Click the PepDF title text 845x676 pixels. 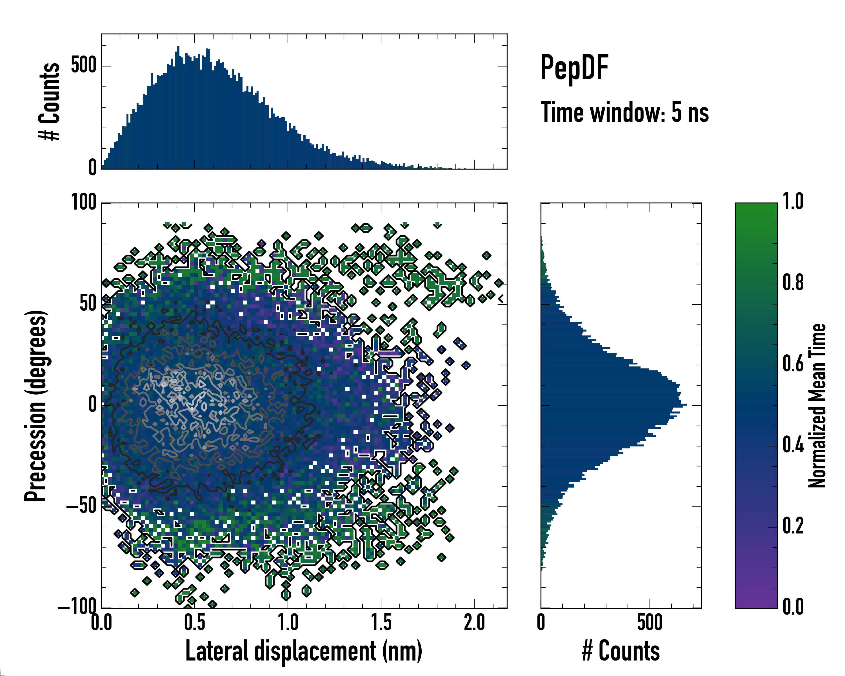tap(574, 68)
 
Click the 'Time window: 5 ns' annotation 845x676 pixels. tap(625, 112)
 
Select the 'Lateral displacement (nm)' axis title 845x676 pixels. tap(304, 651)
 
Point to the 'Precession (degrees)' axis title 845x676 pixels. tap(36, 406)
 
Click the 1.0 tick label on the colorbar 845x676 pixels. tap(793, 202)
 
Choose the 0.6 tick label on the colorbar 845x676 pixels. tap(793, 364)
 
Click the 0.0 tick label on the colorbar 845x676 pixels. tap(793, 607)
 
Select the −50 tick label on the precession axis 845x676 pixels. tap(81, 506)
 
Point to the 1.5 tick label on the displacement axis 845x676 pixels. tap(381, 623)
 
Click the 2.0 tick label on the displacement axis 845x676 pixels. tap(474, 623)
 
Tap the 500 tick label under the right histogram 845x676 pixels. tap(650, 623)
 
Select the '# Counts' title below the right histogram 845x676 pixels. tap(621, 651)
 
